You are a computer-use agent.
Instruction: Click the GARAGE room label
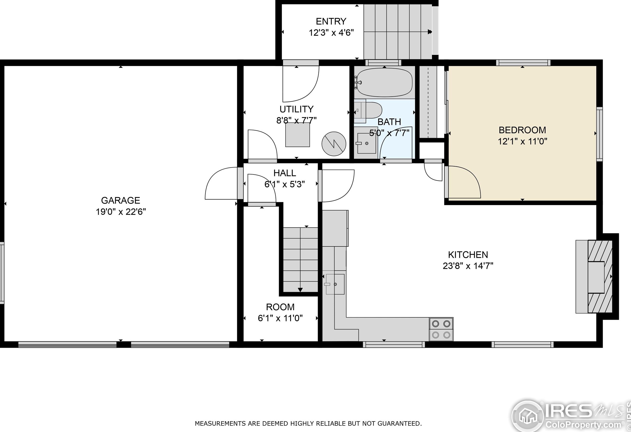click(x=121, y=200)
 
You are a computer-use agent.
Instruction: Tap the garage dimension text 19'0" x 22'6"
click(x=121, y=212)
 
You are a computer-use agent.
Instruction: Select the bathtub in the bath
click(x=384, y=82)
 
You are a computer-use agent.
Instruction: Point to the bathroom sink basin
click(x=366, y=143)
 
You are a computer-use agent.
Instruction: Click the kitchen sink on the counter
click(x=335, y=284)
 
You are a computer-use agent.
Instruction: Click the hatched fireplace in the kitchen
click(x=600, y=277)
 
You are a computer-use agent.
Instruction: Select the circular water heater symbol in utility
click(x=334, y=144)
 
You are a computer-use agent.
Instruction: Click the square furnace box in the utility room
click(x=298, y=135)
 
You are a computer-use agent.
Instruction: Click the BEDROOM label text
click(x=522, y=130)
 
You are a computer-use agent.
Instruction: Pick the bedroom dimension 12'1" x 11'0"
click(x=522, y=141)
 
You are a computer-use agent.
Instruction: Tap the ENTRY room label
click(x=331, y=21)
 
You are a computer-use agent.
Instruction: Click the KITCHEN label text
click(x=468, y=255)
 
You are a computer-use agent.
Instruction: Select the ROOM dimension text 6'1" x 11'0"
click(x=280, y=318)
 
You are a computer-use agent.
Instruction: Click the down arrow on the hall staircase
click(x=300, y=290)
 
